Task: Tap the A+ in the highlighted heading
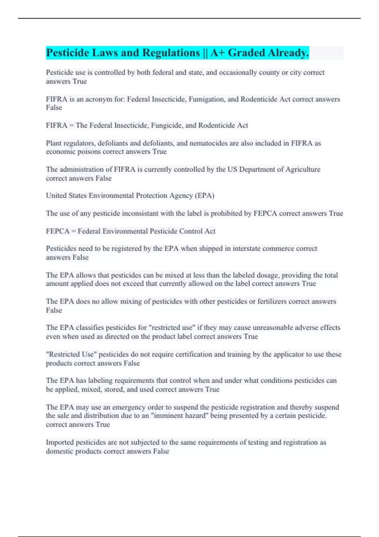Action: point(217,53)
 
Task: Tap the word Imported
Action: point(60,442)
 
